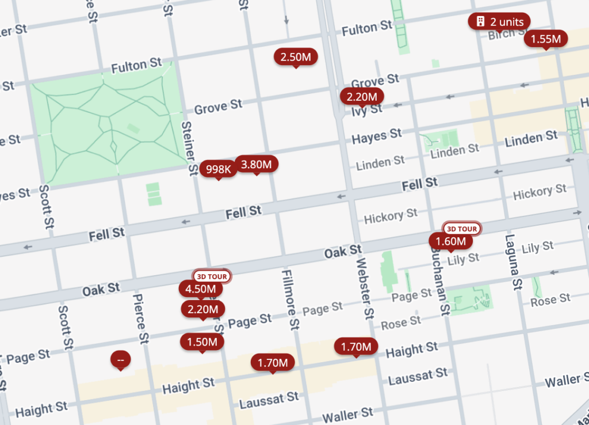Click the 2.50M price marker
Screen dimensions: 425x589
296,56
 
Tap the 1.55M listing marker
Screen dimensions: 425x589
545,39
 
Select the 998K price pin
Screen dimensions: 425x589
219,169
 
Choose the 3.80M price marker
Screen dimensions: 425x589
256,164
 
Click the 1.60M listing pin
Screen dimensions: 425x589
450,241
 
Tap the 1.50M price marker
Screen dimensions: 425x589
201,341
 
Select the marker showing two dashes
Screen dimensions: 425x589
120,360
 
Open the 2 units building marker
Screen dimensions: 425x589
499,22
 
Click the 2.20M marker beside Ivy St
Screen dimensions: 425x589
362,97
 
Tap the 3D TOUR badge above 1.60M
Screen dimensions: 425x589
462,228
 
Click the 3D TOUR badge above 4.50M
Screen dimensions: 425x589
212,276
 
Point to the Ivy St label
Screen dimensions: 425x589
366,109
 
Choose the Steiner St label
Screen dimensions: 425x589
189,147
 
